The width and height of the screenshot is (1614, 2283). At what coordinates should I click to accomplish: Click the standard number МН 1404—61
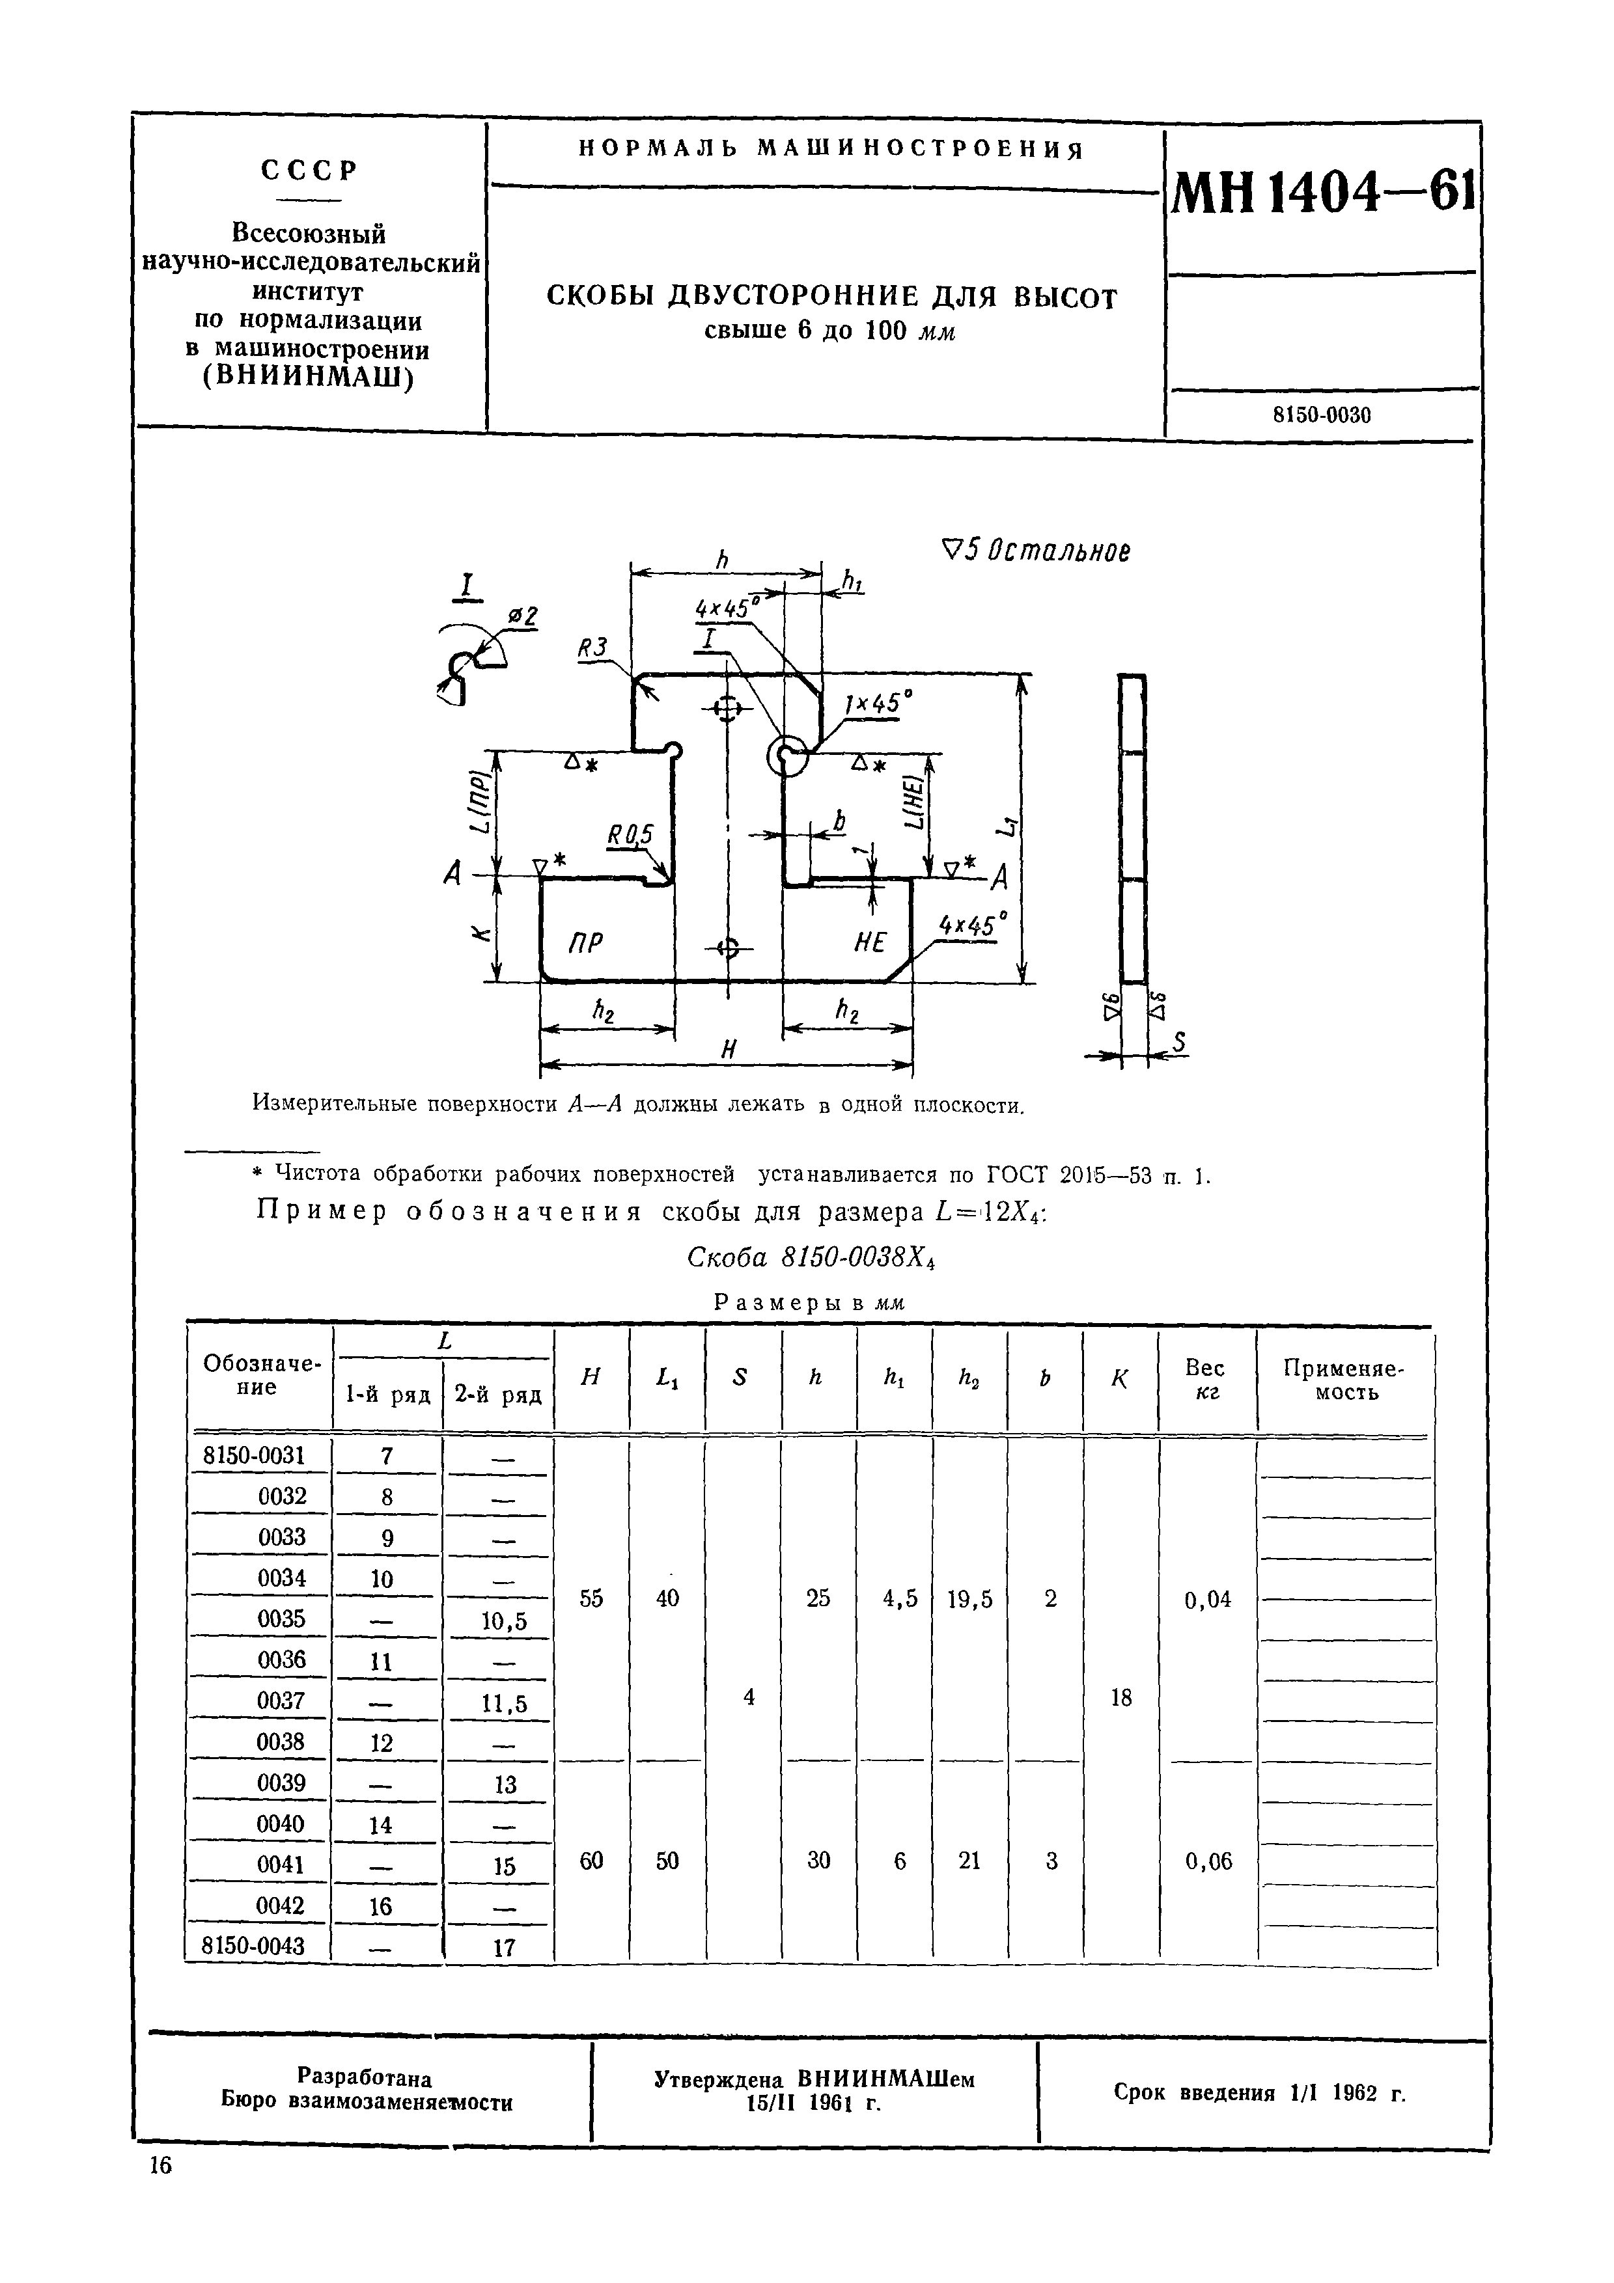coord(1322,195)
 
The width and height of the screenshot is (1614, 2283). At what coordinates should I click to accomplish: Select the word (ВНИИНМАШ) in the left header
coord(307,378)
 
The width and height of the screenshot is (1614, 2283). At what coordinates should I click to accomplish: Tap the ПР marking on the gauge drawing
coord(586,942)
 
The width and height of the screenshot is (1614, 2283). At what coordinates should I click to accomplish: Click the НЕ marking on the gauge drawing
coord(869,942)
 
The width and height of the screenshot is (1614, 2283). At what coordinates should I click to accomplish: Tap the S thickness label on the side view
coord(1180,1042)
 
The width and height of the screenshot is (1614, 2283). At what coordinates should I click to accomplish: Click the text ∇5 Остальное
coord(1035,551)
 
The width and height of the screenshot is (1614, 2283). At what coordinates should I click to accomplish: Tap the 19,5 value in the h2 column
coord(969,1600)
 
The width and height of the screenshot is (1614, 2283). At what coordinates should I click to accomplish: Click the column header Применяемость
coord(1344,1380)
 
